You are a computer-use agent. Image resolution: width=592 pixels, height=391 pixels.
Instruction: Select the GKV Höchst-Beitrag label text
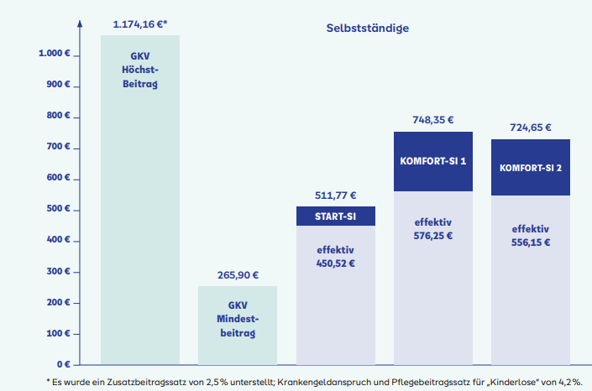pyautogui.click(x=139, y=70)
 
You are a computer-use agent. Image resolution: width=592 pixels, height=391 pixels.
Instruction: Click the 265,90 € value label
pyautogui.click(x=238, y=274)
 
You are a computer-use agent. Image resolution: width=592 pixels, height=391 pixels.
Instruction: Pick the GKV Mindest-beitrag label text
pyautogui.click(x=238, y=319)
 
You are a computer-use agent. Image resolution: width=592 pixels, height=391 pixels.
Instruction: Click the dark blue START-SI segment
pyautogui.click(x=336, y=216)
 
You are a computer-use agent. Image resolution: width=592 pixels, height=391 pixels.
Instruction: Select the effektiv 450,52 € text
pyautogui.click(x=336, y=256)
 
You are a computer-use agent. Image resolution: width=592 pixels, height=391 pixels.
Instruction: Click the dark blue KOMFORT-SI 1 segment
pyautogui.click(x=433, y=160)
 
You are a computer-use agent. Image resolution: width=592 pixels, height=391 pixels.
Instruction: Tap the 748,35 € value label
pyautogui.click(x=433, y=119)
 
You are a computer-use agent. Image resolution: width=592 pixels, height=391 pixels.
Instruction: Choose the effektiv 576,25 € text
pyautogui.click(x=433, y=229)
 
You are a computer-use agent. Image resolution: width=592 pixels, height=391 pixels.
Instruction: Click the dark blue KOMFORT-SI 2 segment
pyautogui.click(x=531, y=167)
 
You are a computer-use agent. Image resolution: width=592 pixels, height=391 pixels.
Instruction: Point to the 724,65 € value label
pyautogui.click(x=531, y=128)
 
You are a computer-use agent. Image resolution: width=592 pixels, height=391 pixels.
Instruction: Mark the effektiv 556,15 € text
pyautogui.click(x=531, y=235)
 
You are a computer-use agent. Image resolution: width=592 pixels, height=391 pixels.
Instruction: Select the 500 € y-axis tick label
pyautogui.click(x=58, y=210)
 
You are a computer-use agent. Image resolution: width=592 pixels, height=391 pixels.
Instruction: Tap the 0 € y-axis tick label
pyautogui.click(x=62, y=365)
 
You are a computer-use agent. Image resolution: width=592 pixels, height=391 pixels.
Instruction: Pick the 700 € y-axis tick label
pyautogui.click(x=58, y=148)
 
